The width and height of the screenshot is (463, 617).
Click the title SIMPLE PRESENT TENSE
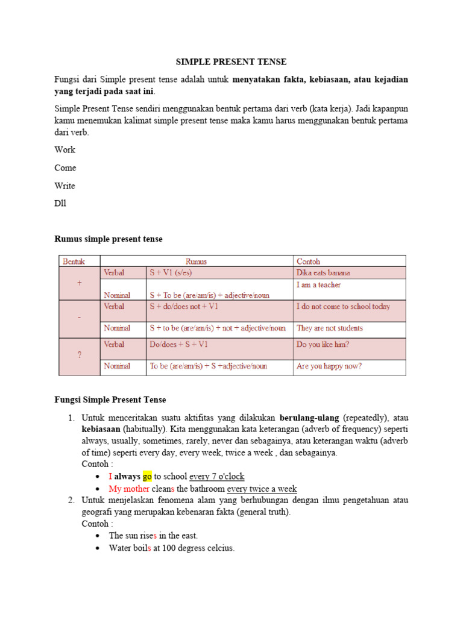click(231, 61)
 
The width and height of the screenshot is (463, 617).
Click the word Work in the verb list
click(65, 149)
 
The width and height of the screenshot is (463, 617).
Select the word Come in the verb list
click(66, 168)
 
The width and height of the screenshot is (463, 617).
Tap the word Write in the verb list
click(65, 186)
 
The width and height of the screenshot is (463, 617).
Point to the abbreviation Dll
click(61, 203)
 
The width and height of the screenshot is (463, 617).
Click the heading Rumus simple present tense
click(109, 239)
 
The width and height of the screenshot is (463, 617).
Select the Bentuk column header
click(74, 262)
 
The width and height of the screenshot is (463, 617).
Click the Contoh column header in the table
click(309, 262)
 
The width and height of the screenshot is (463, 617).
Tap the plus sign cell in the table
click(80, 283)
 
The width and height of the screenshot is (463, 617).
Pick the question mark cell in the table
click(80, 355)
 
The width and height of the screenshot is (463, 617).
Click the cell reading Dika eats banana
click(323, 272)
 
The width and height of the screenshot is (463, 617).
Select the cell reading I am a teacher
click(319, 284)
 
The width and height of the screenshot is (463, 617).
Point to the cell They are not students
click(330, 328)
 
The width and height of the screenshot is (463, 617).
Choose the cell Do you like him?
click(323, 345)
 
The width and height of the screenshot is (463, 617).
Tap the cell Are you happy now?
click(329, 366)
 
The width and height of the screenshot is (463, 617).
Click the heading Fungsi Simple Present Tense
click(110, 399)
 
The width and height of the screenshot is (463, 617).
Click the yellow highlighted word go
click(148, 476)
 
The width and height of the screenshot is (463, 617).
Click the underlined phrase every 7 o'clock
click(217, 476)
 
